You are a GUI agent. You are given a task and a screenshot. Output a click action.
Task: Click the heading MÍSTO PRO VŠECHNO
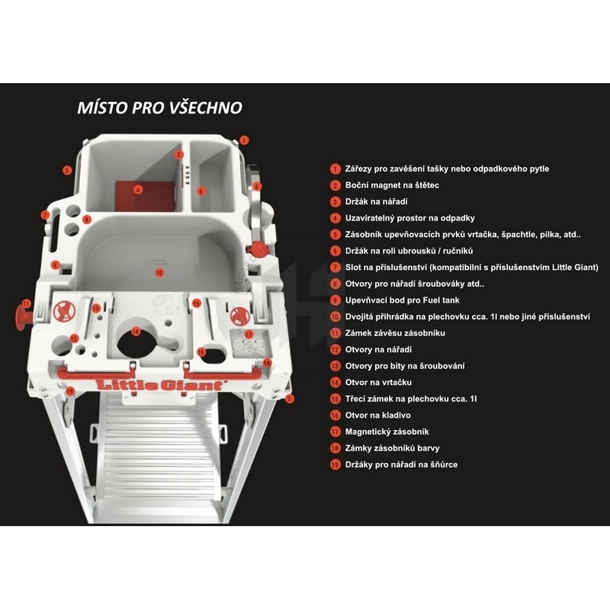[160, 108]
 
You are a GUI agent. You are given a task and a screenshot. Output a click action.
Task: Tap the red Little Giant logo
[160, 385]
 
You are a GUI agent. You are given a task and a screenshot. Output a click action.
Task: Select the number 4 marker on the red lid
[138, 190]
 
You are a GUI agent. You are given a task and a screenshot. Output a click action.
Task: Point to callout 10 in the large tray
[159, 273]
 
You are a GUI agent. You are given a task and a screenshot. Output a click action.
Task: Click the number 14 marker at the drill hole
[136, 332]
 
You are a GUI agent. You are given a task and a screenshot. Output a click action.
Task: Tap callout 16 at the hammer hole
[201, 352]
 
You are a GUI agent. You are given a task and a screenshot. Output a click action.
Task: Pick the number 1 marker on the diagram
[244, 140]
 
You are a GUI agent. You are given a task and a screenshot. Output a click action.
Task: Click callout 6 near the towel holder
[256, 186]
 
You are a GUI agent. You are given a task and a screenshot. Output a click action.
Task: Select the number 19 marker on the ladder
[70, 391]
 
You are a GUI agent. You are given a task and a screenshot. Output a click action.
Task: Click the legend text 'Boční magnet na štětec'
[392, 185]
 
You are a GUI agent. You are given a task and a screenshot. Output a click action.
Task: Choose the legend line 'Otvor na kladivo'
[377, 415]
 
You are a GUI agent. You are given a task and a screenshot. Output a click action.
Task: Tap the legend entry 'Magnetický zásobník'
[387, 432]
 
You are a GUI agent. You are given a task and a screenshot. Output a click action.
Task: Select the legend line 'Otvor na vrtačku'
[378, 383]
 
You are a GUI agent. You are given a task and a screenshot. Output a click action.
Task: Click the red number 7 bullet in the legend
[335, 268]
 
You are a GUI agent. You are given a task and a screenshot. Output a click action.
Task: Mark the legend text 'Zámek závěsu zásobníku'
[395, 333]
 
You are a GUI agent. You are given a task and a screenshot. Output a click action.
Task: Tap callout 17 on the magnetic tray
[249, 335]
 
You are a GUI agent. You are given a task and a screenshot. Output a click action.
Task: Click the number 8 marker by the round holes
[87, 220]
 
